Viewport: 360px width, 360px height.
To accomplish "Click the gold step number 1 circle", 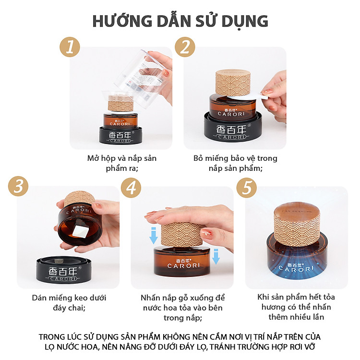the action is pos(70,47).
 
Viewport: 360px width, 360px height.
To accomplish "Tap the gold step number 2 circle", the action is pos(185,47).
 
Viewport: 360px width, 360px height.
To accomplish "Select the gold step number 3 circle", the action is pos(18,186).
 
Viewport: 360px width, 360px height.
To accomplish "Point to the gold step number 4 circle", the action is pos(131,188).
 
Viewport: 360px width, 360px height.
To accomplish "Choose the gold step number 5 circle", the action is pos(247,188).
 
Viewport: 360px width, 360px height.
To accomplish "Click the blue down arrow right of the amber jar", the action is pos(216,256).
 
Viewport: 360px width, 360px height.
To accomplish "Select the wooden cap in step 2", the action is pos(233,83).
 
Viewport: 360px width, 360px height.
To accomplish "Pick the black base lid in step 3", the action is pos(64,270).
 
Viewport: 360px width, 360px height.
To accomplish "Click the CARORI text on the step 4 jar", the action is pos(184,266).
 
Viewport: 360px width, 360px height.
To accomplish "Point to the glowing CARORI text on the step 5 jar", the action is pos(296,269).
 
